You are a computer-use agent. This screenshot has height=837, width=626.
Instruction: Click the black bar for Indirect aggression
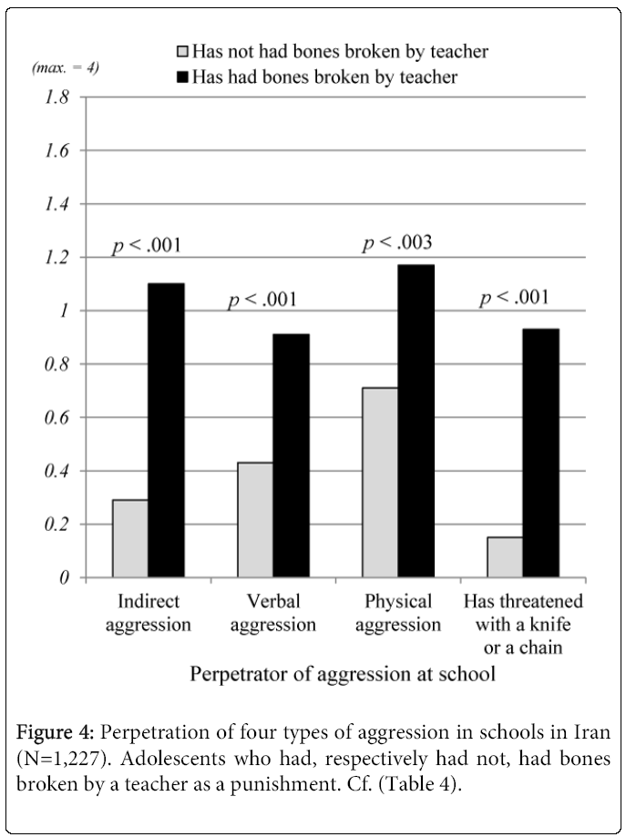(166, 430)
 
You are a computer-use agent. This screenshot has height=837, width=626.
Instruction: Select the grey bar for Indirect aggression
(130, 538)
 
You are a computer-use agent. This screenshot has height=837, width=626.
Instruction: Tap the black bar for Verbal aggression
(291, 455)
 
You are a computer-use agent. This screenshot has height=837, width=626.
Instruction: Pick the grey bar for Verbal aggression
(255, 520)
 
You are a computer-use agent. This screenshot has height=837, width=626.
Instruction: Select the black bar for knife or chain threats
(541, 453)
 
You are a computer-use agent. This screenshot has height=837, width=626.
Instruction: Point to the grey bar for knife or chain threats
(506, 557)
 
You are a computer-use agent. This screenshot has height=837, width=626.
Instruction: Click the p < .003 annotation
(398, 243)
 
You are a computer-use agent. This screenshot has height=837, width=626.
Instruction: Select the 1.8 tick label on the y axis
(53, 97)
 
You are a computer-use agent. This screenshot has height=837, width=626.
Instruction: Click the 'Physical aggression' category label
(398, 613)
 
